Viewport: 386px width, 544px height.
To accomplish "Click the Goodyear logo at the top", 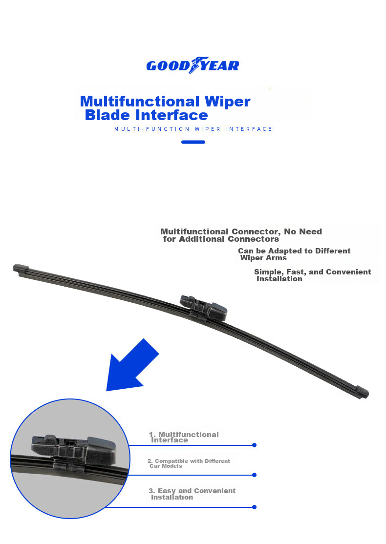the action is tap(193, 65).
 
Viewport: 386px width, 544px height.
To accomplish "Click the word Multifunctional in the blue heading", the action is tap(140, 101).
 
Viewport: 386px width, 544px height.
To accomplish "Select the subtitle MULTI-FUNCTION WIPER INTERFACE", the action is tap(193, 129).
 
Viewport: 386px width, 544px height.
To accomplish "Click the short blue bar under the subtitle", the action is tap(193, 142).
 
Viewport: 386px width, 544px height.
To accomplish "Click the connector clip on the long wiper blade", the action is tap(204, 307).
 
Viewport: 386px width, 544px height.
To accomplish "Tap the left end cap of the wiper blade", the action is tap(21, 269).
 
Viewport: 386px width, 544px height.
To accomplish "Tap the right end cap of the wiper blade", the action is tap(363, 392).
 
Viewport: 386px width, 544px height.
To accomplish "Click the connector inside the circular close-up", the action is tap(74, 450).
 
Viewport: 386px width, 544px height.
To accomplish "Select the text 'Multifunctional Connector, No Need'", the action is tap(241, 231).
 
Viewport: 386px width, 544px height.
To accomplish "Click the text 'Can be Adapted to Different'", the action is tap(294, 251).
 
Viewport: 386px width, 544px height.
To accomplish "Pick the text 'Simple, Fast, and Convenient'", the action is tap(312, 272).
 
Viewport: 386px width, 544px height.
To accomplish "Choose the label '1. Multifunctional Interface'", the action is tap(184, 437).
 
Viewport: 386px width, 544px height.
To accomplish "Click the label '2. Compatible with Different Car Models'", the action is tap(189, 463).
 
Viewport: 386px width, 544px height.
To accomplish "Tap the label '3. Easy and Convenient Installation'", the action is tap(192, 494).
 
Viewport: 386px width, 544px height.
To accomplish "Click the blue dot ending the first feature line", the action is tap(255, 445).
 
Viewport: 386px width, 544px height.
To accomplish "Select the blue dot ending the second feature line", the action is tap(255, 475).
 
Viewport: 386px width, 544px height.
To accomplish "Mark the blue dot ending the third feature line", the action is tap(255, 507).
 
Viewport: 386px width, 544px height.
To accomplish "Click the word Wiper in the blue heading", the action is tap(227, 102).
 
